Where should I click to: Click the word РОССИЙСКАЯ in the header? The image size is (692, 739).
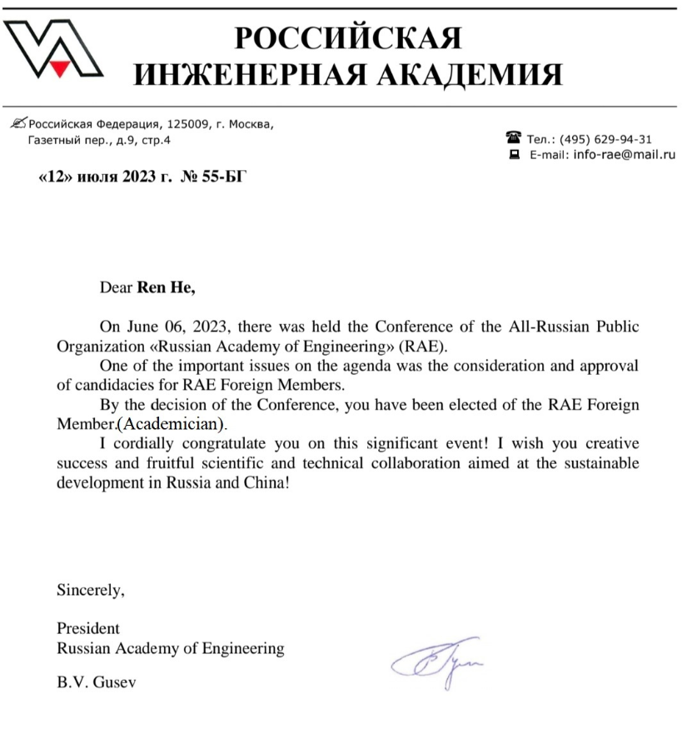tap(348, 37)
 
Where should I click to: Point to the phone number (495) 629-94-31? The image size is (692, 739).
tap(606, 139)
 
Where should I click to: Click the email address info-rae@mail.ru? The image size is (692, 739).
tap(624, 154)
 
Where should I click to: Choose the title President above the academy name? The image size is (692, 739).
tap(87, 628)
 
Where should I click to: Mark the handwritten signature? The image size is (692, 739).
tap(438, 657)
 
